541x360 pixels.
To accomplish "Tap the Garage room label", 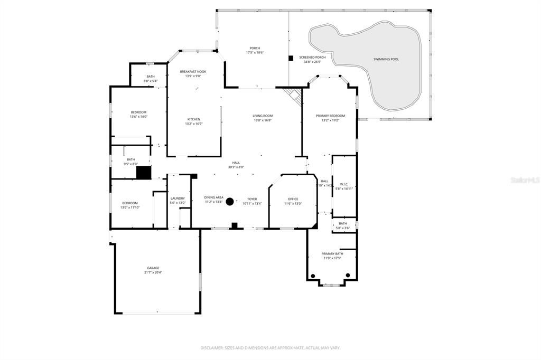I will [x=152, y=268].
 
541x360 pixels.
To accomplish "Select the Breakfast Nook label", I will [x=193, y=71].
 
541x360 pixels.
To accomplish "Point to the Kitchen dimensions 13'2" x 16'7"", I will [x=193, y=124].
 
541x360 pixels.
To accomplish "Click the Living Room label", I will [x=263, y=116].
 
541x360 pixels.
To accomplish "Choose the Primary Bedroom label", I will [x=330, y=116].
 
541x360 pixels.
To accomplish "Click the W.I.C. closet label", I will [x=343, y=184].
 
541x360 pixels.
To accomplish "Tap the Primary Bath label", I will [x=332, y=254].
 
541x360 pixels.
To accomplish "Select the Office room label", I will [x=293, y=199].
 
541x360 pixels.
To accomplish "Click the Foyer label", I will [x=252, y=199].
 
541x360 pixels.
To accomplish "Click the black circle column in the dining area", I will [x=230, y=201].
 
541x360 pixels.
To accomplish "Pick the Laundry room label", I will [x=178, y=198].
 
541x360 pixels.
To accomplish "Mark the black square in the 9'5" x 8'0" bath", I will [x=144, y=173].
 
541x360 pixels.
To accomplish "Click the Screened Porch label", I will [x=312, y=57].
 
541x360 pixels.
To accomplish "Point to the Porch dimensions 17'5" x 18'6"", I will [x=254, y=53].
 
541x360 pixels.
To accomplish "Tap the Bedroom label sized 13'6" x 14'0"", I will [x=138, y=112].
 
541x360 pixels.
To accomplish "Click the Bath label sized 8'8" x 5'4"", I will [x=151, y=77].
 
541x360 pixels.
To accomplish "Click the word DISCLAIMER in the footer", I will [x=212, y=348].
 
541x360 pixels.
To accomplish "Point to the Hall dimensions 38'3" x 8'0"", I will [x=236, y=167].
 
